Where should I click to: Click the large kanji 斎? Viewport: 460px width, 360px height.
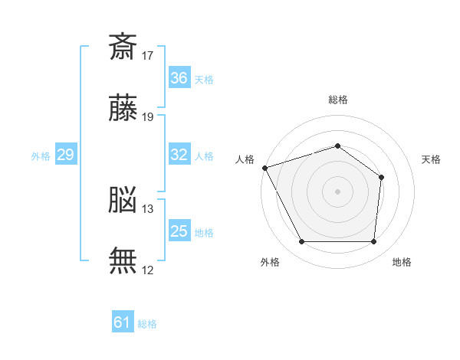click(x=123, y=47)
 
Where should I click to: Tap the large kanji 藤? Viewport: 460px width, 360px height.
click(x=123, y=107)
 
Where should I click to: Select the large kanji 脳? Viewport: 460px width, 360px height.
click(x=123, y=199)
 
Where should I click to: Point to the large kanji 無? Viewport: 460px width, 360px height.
click(x=123, y=260)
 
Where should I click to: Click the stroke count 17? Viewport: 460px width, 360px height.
click(x=147, y=56)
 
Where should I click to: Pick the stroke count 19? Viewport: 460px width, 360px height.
click(x=147, y=117)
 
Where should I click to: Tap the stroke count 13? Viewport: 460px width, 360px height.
click(x=147, y=209)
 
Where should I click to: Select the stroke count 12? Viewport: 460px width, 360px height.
click(x=147, y=270)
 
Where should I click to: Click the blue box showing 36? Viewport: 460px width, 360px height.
click(x=179, y=77)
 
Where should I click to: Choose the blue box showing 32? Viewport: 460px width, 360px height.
click(x=179, y=154)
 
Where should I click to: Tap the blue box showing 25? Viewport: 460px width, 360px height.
click(x=179, y=230)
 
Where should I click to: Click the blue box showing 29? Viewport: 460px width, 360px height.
click(x=66, y=154)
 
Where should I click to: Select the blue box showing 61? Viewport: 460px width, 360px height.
click(x=123, y=321)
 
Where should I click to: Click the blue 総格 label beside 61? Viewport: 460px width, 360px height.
click(x=147, y=324)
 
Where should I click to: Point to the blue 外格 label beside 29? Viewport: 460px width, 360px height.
click(x=41, y=156)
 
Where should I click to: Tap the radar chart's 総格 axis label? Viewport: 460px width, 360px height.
click(x=338, y=100)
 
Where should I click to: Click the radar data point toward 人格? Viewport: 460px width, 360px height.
click(x=265, y=168)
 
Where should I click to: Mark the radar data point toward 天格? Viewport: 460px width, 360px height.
click(x=381, y=178)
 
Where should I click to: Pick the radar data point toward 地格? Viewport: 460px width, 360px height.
click(x=373, y=241)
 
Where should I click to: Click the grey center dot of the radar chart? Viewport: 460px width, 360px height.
click(x=337, y=191)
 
